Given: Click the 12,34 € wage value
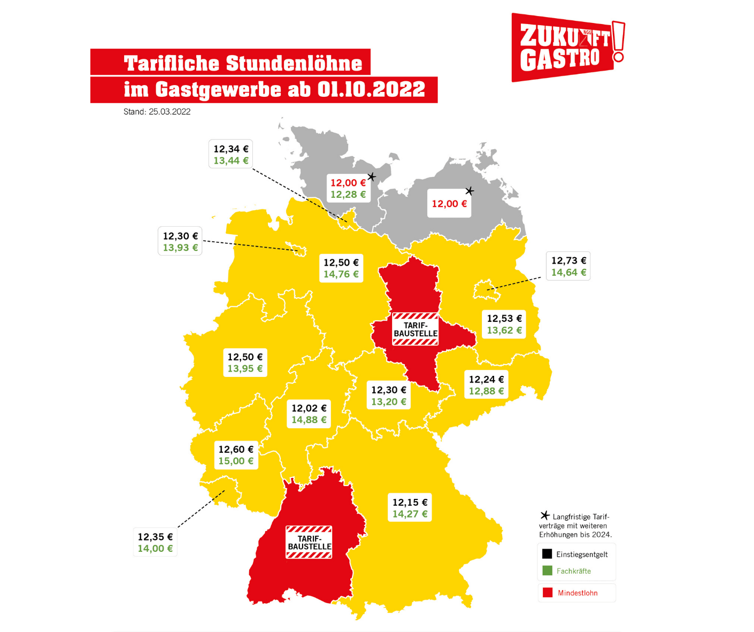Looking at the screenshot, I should coord(230,149).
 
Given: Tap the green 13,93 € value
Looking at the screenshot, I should coord(180,248).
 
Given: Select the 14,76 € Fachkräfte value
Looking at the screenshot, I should coord(341,274).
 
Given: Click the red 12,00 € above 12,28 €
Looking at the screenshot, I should coord(348,183).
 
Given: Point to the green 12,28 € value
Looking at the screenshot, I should coord(348,195).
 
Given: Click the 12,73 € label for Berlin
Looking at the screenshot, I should coord(568,261).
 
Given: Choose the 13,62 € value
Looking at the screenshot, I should coord(504,330).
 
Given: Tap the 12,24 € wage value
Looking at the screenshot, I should coord(486,380).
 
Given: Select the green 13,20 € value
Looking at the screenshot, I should coord(388,402).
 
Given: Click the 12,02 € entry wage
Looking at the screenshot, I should coord(309,409).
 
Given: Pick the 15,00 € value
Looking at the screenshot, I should coord(235,461).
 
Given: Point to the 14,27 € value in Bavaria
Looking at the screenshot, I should coord(410,514).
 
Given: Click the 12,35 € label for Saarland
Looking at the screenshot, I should coord(155,537).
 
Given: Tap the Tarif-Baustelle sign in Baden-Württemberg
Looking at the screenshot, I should coord(309,542).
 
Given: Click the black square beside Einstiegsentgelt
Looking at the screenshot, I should coord(547,554).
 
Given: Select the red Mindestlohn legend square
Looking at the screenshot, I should coord(547,592).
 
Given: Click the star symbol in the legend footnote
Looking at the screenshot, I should coord(545,515).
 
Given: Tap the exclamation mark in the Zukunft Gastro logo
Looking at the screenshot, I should coord(618,42).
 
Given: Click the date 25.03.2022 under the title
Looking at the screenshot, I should coord(170,112).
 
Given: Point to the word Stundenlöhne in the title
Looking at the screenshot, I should coord(294,63).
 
